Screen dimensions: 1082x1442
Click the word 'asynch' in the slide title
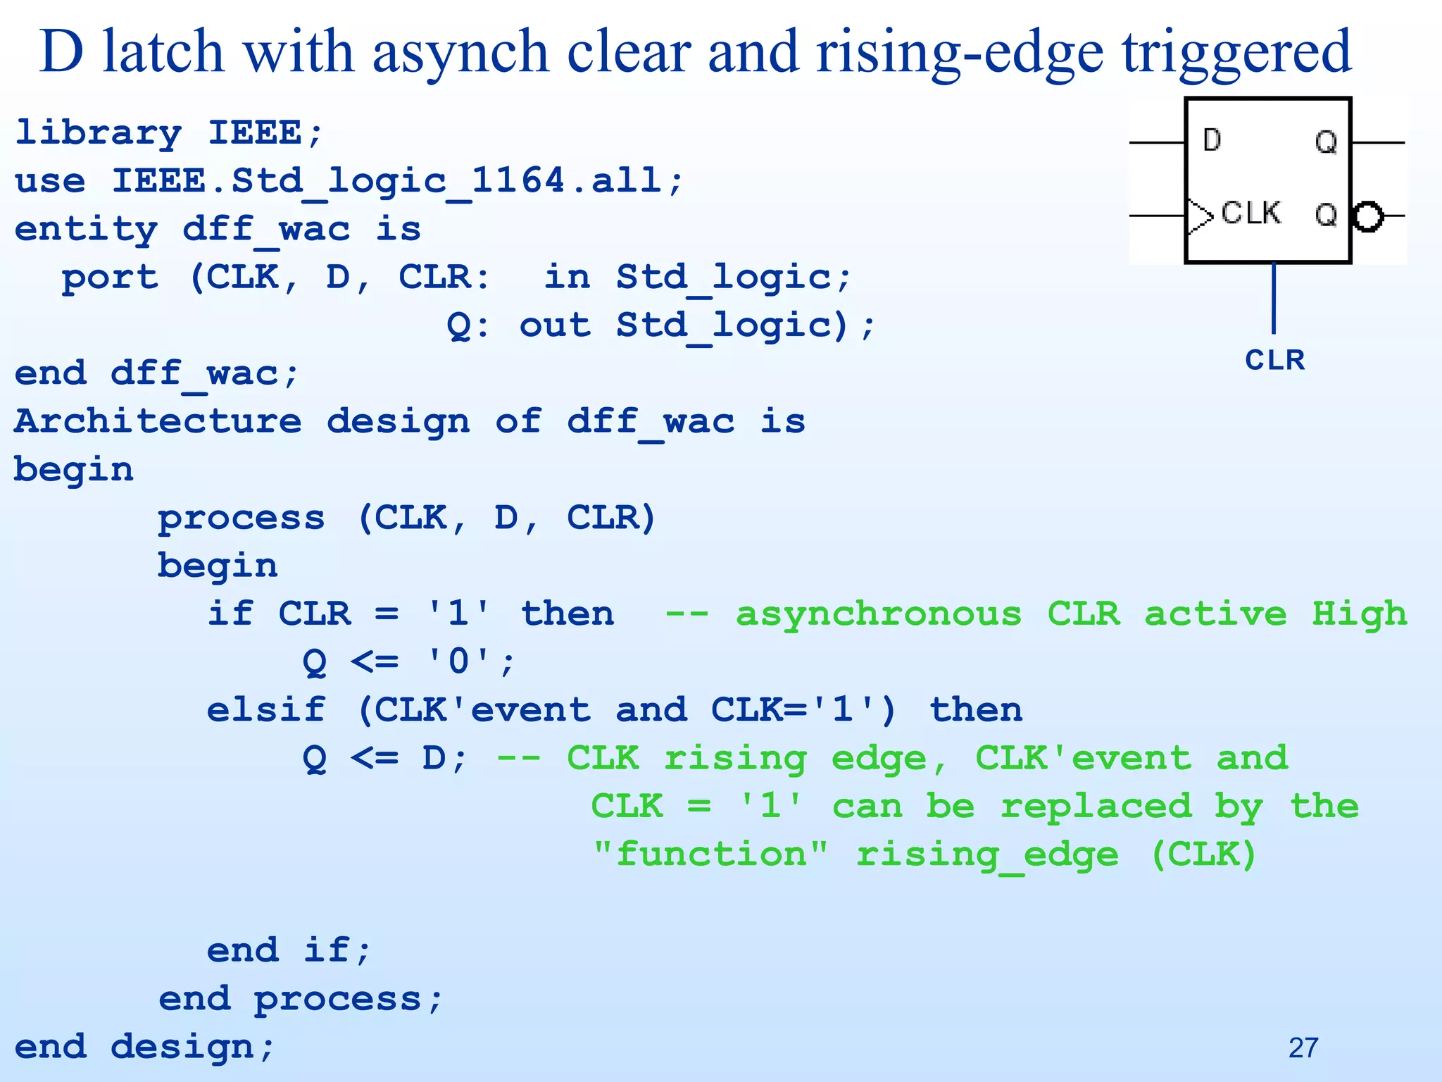(x=460, y=54)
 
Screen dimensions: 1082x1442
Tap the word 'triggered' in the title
(x=1236, y=54)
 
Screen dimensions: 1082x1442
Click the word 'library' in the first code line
(x=98, y=132)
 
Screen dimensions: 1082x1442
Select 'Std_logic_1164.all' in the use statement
(x=398, y=181)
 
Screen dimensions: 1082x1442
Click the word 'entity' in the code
(x=86, y=229)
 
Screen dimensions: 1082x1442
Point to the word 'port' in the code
(x=110, y=278)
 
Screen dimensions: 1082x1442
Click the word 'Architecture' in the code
(x=158, y=421)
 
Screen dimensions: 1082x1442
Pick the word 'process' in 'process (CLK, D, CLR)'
(x=241, y=518)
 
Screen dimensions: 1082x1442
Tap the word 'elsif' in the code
(x=266, y=710)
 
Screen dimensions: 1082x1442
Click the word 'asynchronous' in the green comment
(x=878, y=614)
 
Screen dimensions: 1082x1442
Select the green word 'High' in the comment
(x=1359, y=614)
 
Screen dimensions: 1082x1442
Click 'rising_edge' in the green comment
(x=986, y=855)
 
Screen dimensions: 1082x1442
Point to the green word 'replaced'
(x=1096, y=807)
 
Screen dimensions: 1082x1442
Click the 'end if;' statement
(x=289, y=950)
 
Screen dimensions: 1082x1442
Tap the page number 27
(x=1303, y=1047)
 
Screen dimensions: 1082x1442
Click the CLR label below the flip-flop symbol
(x=1274, y=360)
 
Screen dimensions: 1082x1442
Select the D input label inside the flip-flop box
(x=1212, y=140)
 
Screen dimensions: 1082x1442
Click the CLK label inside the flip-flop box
(x=1250, y=213)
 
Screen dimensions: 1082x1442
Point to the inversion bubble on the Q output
(x=1368, y=216)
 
